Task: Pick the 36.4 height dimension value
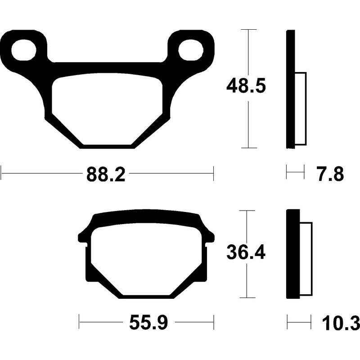[246, 253]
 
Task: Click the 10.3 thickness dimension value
[341, 323]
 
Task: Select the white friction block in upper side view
[300, 108]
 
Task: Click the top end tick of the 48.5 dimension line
[249, 30]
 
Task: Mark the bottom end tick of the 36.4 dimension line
[247, 297]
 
